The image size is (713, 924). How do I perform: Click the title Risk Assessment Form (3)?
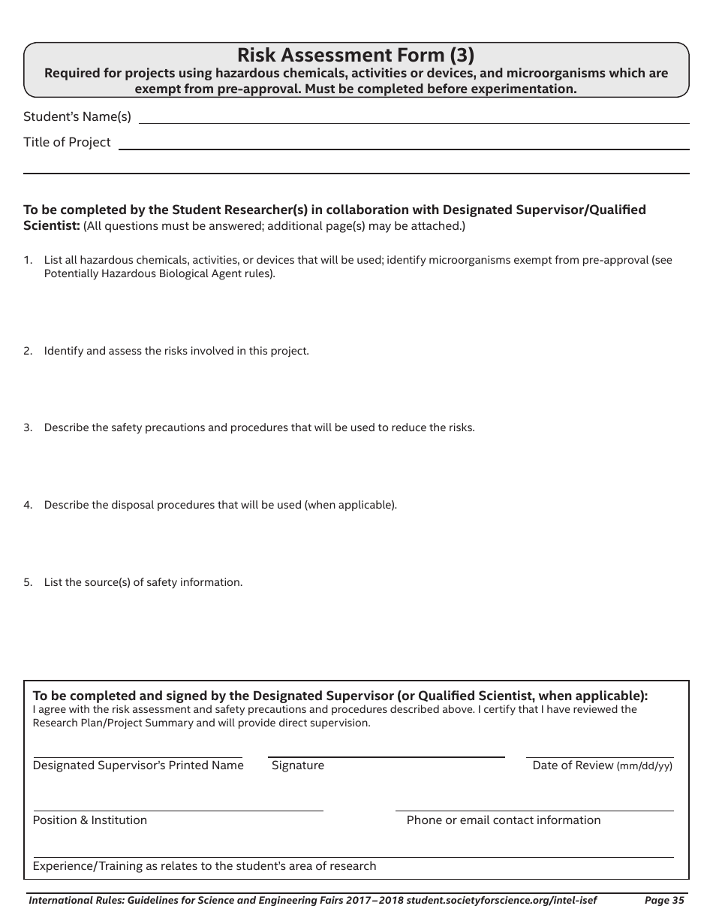point(356,55)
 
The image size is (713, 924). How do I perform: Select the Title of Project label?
point(67,142)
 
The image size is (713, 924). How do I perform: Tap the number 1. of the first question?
point(28,260)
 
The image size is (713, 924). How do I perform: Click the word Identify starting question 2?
point(63,351)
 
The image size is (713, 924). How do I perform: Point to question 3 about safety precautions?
point(259,427)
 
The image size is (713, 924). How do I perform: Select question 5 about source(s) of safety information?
point(143,582)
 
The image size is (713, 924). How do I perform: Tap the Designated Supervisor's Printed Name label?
point(138,765)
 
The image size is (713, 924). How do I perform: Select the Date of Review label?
point(573,765)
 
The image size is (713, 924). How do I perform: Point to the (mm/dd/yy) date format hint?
point(645,766)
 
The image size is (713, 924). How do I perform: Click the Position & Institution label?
point(90,820)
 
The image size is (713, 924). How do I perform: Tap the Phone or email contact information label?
point(503,820)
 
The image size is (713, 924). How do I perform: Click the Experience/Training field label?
point(204,866)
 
